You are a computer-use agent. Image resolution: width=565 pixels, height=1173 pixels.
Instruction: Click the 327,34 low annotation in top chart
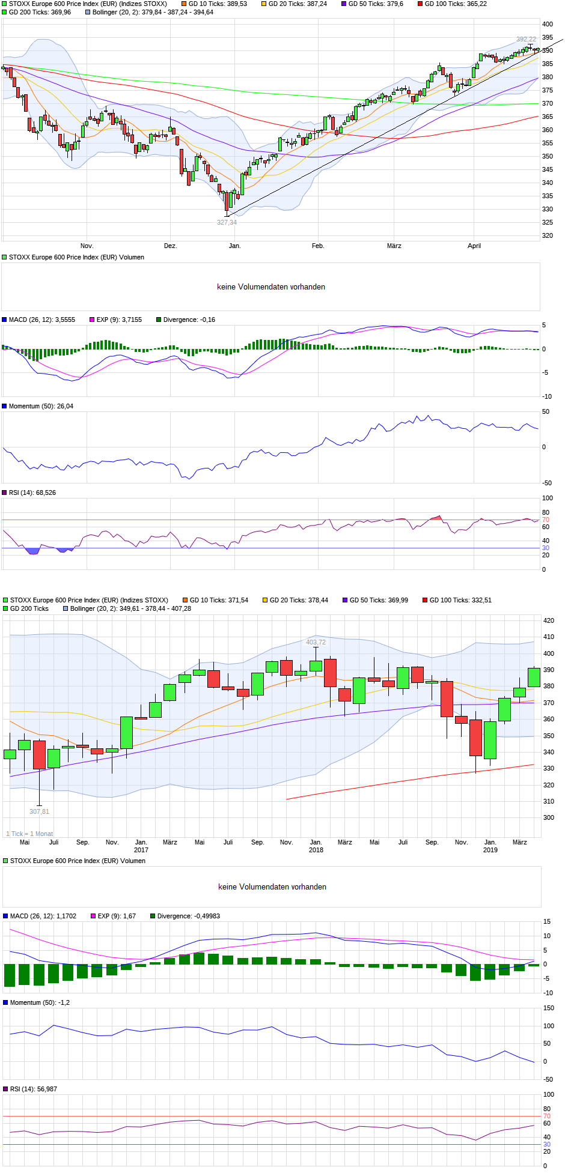click(x=227, y=223)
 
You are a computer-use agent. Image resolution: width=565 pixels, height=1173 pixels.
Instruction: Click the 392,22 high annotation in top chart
click(x=526, y=40)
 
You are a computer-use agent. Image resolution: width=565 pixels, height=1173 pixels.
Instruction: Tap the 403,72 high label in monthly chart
click(x=316, y=642)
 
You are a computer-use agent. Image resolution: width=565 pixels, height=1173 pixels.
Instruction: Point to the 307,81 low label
click(x=39, y=811)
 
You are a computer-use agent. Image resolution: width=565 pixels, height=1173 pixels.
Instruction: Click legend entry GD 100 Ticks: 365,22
click(x=456, y=4)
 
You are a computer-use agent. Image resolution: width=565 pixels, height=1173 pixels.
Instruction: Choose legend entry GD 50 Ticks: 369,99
click(x=379, y=600)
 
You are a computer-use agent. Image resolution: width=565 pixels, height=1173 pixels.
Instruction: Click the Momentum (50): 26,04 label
click(x=41, y=407)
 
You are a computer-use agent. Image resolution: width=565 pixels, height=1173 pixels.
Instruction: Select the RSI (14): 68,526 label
click(x=32, y=493)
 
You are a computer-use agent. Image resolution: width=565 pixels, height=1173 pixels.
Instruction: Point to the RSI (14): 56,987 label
click(x=34, y=1089)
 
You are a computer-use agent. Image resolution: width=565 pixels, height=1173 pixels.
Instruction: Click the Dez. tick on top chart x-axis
click(x=171, y=246)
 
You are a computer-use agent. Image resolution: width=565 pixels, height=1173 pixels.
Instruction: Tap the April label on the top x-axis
click(x=474, y=246)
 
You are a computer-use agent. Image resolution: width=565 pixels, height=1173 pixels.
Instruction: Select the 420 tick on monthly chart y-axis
click(x=548, y=620)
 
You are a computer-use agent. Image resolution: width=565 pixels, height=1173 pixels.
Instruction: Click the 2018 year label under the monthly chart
click(x=316, y=850)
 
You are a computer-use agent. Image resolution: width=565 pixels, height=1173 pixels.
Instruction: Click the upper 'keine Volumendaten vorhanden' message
click(x=271, y=287)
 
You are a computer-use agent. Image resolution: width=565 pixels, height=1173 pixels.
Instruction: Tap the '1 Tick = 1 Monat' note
click(x=29, y=834)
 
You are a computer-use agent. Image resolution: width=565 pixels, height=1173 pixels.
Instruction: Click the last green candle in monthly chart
click(x=534, y=677)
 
